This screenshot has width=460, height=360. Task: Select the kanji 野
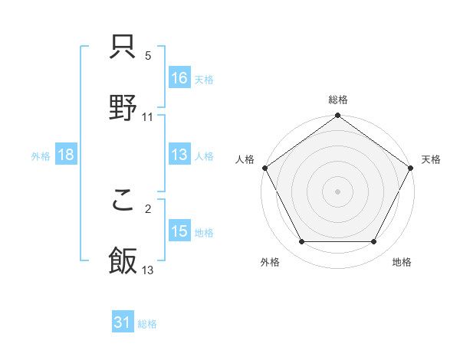click(x=123, y=109)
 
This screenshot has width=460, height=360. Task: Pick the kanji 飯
click(x=123, y=261)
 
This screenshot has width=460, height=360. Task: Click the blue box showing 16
click(x=179, y=77)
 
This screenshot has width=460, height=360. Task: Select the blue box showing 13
click(x=179, y=155)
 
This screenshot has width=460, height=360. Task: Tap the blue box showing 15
click(x=179, y=231)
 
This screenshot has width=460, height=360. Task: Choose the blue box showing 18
click(x=66, y=155)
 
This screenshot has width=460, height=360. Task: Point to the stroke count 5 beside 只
click(x=148, y=57)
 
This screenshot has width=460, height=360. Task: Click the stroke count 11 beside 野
click(x=148, y=117)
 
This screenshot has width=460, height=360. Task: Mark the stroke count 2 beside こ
click(x=148, y=208)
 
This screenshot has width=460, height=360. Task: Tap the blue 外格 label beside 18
click(x=41, y=156)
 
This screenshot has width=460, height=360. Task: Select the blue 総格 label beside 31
click(x=148, y=325)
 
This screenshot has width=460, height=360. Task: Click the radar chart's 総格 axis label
click(x=338, y=100)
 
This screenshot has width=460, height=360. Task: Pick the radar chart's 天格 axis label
click(x=431, y=159)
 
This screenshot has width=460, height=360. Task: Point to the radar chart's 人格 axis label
click(x=245, y=159)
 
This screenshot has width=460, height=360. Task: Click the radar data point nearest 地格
click(x=374, y=242)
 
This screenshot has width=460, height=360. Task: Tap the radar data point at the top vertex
click(x=338, y=116)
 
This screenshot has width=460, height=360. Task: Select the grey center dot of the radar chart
click(x=338, y=191)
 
